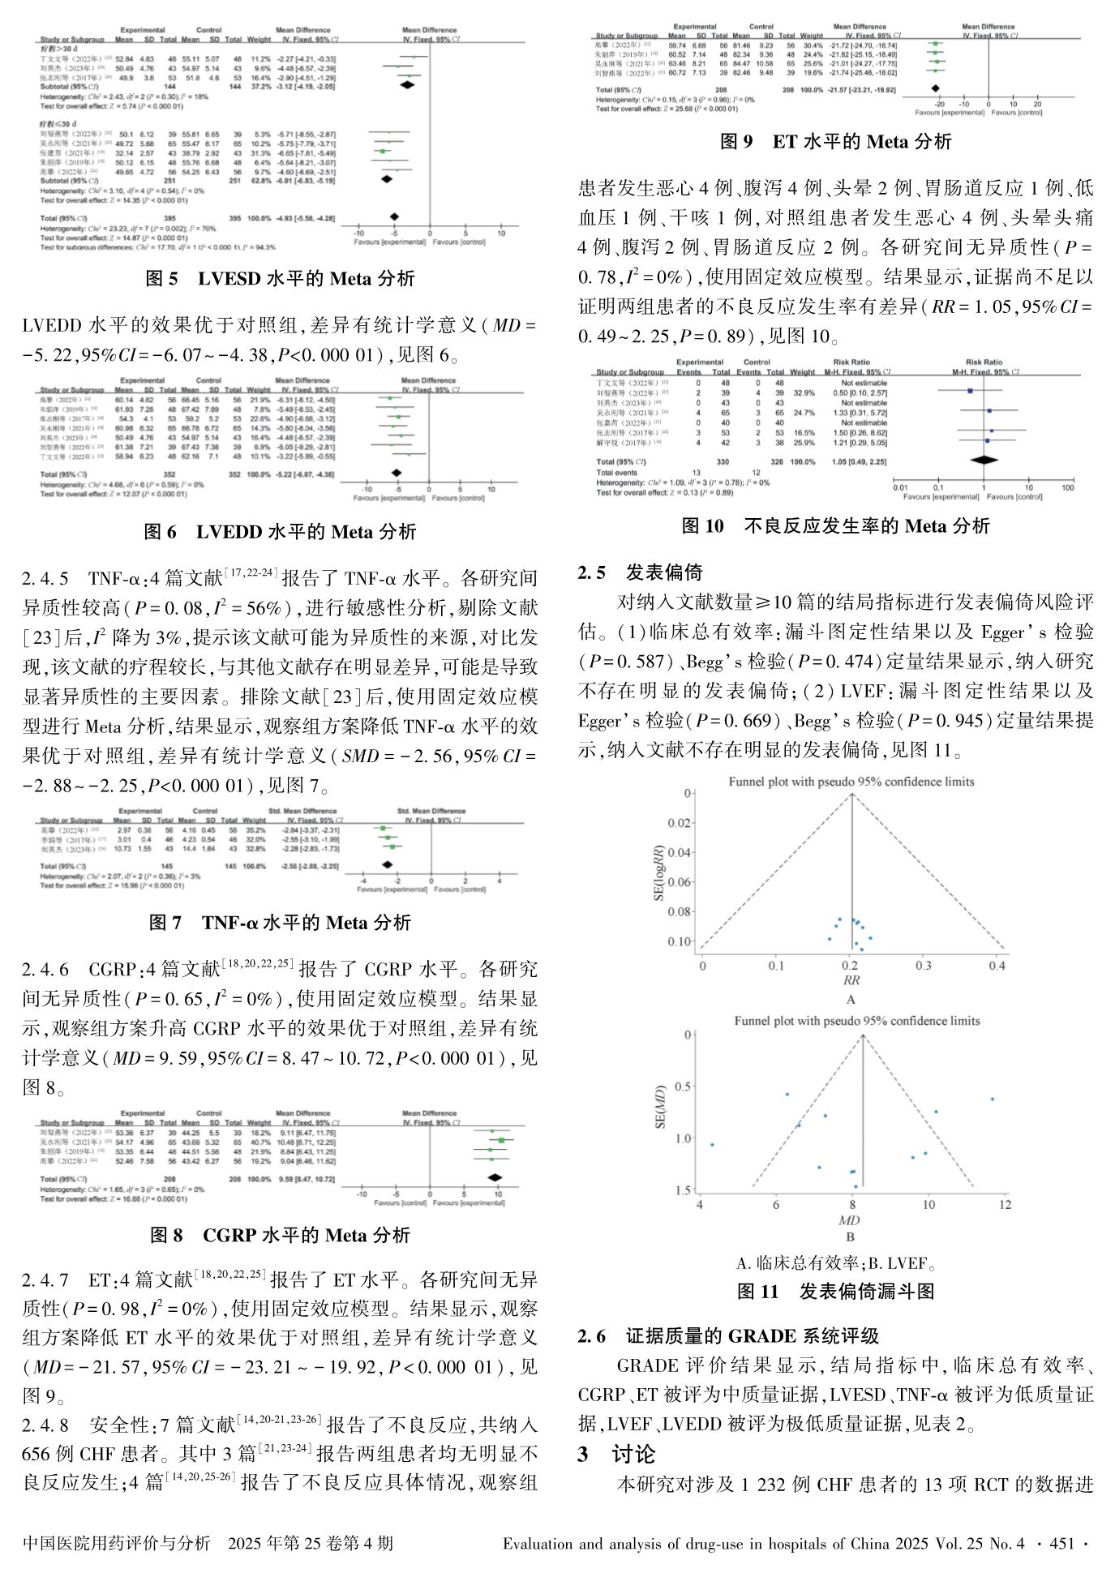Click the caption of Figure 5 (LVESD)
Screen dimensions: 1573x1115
(x=280, y=279)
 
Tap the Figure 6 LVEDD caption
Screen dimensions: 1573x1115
(x=280, y=532)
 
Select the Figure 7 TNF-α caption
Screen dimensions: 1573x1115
(x=280, y=923)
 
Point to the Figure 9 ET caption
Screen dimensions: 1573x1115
(x=835, y=142)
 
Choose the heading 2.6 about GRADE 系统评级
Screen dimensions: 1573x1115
(x=727, y=1336)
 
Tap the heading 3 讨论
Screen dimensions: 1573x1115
(x=616, y=1455)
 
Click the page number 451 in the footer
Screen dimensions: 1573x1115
(x=1061, y=1544)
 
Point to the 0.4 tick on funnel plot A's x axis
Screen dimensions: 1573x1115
(x=997, y=966)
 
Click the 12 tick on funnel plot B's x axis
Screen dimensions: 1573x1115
(x=1005, y=1205)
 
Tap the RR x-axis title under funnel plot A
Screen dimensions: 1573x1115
(x=851, y=980)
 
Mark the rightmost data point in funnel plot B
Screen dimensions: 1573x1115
(x=992, y=1099)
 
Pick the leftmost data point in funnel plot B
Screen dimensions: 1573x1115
(x=712, y=1145)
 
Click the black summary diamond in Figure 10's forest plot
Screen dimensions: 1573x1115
(x=984, y=461)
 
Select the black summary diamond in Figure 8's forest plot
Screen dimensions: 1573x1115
(x=494, y=1178)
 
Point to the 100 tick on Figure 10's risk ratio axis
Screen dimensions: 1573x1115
(x=1068, y=487)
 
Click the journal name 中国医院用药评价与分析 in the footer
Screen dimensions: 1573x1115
(x=116, y=1544)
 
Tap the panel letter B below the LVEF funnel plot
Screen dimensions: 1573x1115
(x=850, y=1237)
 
